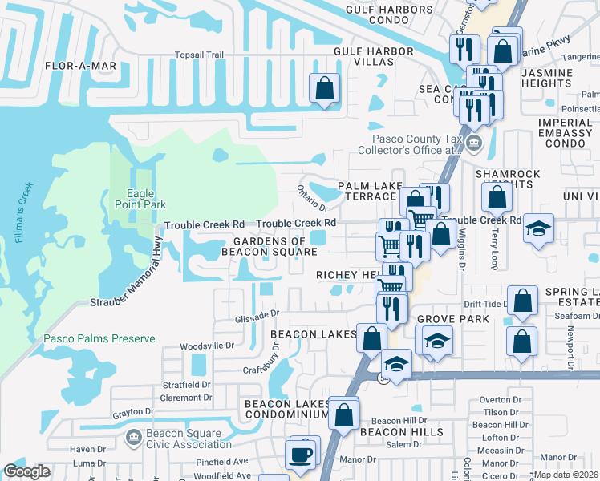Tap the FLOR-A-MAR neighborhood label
[81, 66]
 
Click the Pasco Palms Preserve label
[99, 338]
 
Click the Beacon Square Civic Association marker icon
[133, 438]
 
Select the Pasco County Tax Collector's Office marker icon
[474, 145]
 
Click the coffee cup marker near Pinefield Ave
[302, 454]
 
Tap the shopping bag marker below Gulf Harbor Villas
[325, 88]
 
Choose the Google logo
[27, 471]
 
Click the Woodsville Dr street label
[206, 346]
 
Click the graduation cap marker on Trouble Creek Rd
[538, 228]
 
